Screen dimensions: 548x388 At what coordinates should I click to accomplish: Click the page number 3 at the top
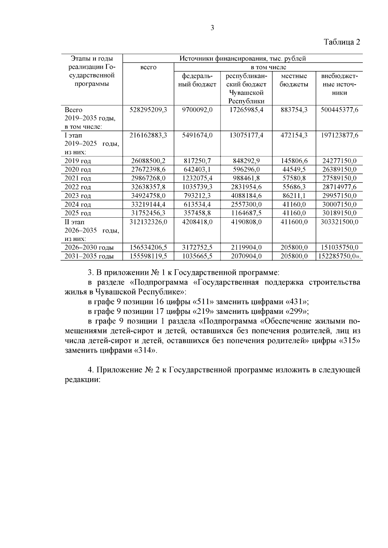212,28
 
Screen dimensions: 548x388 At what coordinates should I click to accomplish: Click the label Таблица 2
342,42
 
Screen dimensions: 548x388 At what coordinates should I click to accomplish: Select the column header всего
148,67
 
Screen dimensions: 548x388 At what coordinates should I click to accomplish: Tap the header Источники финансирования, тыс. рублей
242,58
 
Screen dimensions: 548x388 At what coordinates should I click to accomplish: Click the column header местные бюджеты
294,80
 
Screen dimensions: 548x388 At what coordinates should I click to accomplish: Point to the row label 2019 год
78,161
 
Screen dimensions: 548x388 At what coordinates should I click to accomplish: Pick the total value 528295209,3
148,110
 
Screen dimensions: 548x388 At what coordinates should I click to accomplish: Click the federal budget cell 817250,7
197,160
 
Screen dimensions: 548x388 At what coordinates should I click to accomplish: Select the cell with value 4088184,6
246,195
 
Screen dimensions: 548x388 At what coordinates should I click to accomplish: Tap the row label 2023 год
78,196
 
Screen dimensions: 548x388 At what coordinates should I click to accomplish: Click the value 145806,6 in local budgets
294,160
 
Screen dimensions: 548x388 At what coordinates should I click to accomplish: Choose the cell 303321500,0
339,222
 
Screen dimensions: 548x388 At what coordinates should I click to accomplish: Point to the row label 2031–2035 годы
89,256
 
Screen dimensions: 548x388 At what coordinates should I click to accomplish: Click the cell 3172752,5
197,248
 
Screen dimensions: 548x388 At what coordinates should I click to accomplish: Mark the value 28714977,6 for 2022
339,187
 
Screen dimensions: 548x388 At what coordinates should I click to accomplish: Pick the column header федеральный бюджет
197,80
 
